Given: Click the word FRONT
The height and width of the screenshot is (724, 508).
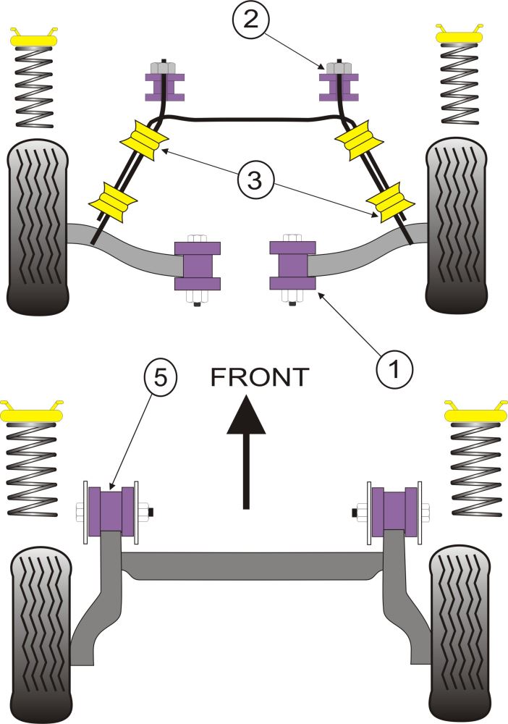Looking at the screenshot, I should (260, 376).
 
